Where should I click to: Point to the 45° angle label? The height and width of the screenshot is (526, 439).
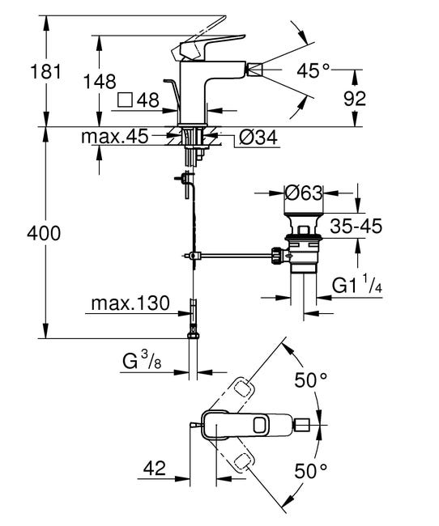click(x=313, y=70)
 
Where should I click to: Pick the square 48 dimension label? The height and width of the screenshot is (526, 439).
click(x=139, y=102)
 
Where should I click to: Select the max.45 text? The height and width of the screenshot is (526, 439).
click(x=114, y=137)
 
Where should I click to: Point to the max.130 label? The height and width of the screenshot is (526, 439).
click(x=130, y=305)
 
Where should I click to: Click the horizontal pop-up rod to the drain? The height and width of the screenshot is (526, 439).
click(x=235, y=258)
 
